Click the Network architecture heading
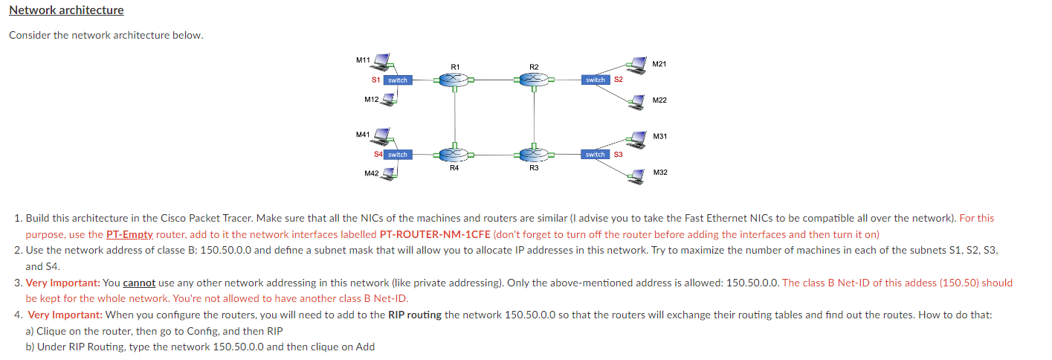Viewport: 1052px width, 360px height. tap(66, 10)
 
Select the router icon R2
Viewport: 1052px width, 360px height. tap(533, 79)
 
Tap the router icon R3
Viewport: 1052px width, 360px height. tap(533, 155)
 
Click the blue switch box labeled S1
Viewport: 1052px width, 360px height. tap(398, 80)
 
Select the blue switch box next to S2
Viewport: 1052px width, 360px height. tap(596, 80)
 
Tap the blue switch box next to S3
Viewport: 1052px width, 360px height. tap(596, 155)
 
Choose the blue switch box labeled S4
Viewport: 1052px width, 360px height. tap(398, 155)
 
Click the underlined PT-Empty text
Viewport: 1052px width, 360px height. tap(129, 234)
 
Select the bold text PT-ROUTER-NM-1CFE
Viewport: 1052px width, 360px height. tap(435, 234)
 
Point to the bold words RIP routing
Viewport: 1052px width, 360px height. tap(415, 315)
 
